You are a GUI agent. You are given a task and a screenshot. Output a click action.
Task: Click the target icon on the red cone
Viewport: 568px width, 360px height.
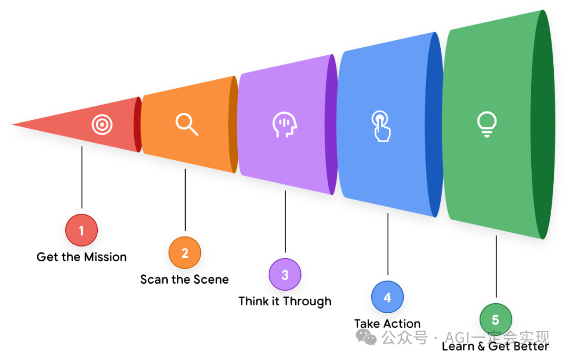point(102,125)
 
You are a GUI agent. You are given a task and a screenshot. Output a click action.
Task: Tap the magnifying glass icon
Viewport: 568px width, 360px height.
point(186,124)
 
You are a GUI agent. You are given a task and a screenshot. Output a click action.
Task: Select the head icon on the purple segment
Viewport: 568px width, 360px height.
point(285,126)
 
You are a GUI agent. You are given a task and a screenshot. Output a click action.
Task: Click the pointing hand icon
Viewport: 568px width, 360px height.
point(381,126)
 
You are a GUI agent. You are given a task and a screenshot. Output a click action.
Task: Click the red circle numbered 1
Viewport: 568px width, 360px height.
point(82,230)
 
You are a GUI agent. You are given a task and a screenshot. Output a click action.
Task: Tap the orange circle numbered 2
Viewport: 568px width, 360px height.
point(185,253)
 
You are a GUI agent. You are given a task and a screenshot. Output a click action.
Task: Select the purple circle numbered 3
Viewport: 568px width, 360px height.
point(285,275)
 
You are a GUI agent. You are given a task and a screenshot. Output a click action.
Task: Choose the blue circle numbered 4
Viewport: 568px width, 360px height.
point(387,297)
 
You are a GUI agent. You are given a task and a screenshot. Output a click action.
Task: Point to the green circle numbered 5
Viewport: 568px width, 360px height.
point(495,320)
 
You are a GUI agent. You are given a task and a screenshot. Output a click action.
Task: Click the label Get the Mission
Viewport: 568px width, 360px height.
point(82,257)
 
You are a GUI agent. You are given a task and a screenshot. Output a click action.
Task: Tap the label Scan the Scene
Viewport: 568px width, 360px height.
point(185,280)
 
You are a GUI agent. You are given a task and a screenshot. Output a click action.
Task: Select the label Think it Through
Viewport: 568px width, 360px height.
point(285,302)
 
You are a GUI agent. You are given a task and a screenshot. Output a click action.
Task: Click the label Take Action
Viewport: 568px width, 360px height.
point(387,324)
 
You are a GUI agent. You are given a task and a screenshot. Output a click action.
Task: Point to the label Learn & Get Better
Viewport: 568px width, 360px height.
point(495,346)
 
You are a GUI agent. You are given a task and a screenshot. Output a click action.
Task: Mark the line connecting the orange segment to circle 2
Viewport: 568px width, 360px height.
point(185,200)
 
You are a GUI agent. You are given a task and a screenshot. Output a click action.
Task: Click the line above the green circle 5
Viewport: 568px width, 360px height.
point(496,268)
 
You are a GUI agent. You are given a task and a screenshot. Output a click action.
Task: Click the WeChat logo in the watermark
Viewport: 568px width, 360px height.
point(366,336)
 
